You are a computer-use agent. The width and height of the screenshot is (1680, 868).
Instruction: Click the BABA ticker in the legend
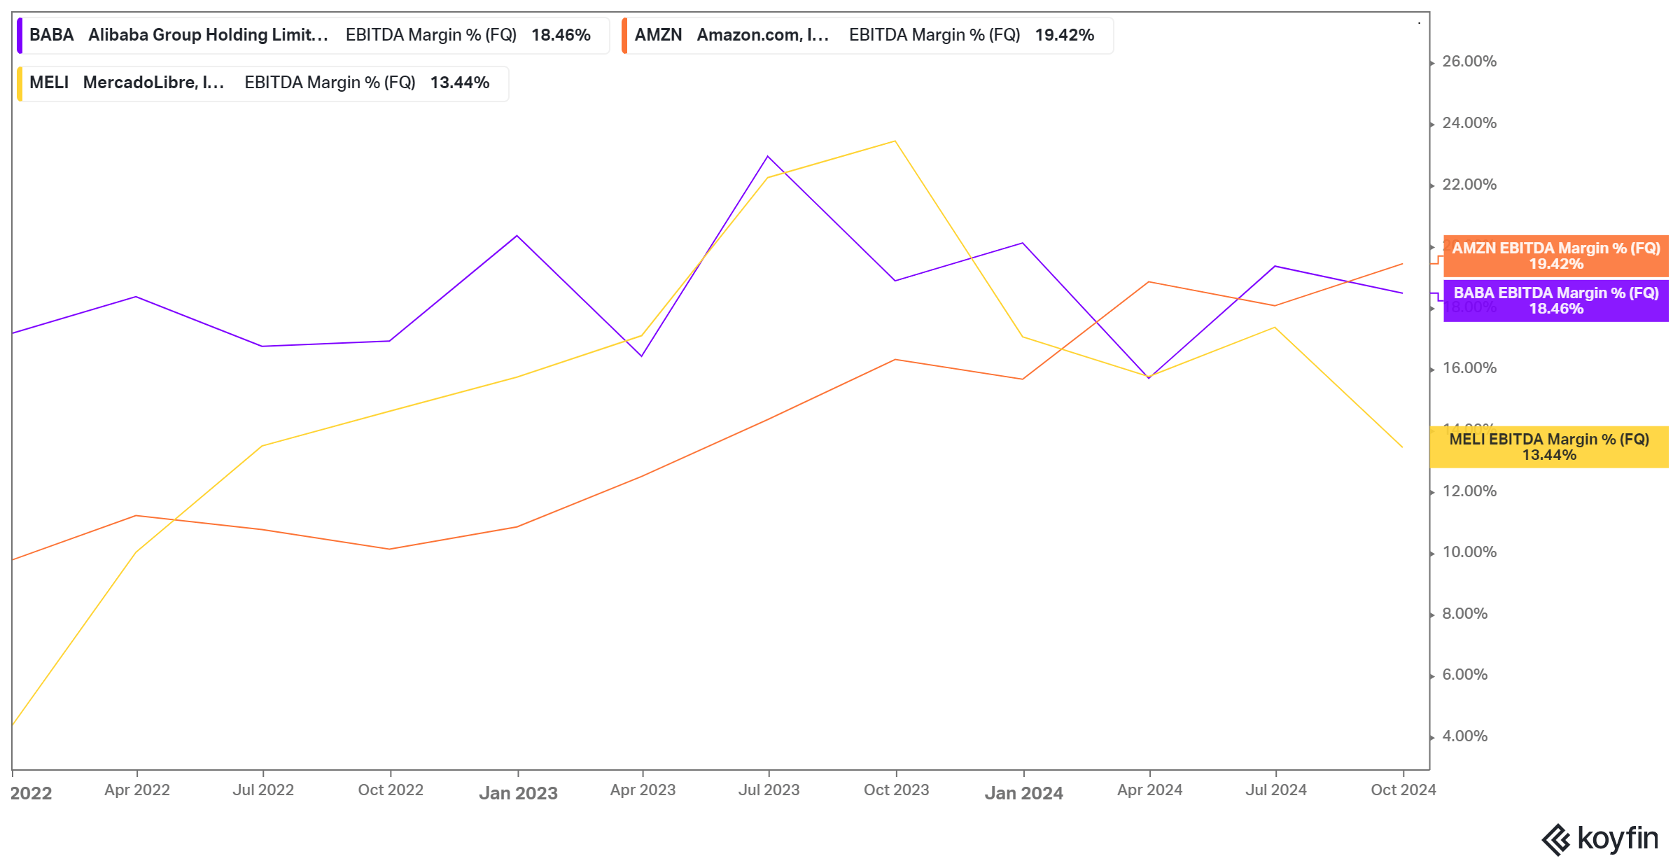pos(51,35)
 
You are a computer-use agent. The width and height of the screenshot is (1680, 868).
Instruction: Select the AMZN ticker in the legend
pos(657,35)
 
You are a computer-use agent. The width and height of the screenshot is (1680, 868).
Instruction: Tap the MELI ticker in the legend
pos(48,83)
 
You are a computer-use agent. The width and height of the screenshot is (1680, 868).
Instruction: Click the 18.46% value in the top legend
pos(561,35)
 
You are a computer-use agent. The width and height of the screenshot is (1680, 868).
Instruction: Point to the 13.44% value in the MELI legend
pos(459,83)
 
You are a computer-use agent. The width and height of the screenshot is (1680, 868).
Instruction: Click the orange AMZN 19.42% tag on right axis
pos(1555,256)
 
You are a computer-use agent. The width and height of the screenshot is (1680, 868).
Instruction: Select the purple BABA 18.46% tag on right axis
pos(1555,301)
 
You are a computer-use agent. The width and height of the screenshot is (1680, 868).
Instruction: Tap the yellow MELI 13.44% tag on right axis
pos(1548,447)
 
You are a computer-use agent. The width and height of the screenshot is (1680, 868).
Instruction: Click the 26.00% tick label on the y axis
pos(1469,62)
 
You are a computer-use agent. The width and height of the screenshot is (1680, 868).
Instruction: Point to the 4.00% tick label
pos(1464,736)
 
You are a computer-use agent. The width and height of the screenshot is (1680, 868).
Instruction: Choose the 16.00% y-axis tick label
pos(1469,368)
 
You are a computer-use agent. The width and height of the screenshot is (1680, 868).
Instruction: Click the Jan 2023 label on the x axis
pos(518,793)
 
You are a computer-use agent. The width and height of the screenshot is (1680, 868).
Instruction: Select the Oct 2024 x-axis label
pos(1403,790)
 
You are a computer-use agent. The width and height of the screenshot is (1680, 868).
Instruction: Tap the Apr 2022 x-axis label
pos(137,790)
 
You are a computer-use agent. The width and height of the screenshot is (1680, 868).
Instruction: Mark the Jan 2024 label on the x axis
pos(1023,793)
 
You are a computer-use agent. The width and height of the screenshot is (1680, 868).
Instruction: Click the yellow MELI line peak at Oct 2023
pos(895,141)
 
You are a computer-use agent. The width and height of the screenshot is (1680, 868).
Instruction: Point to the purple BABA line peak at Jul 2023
pos(768,156)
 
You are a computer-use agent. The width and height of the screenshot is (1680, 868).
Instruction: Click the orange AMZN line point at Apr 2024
pos(1149,282)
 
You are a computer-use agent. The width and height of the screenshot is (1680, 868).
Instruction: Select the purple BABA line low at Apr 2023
pos(642,356)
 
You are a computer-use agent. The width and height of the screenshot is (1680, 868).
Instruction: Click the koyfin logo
pos(1600,839)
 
